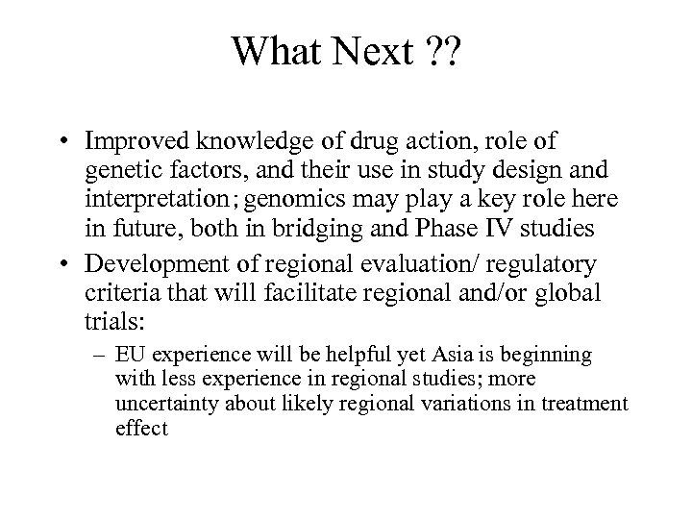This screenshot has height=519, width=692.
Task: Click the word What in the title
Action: tap(279, 52)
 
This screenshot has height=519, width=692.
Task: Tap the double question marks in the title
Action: tap(443, 52)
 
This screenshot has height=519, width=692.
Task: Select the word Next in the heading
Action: tap(372, 52)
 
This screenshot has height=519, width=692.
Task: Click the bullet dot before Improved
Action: tap(61, 141)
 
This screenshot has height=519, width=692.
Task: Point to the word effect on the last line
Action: tap(141, 429)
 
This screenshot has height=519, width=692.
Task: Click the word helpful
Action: tap(368, 356)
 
